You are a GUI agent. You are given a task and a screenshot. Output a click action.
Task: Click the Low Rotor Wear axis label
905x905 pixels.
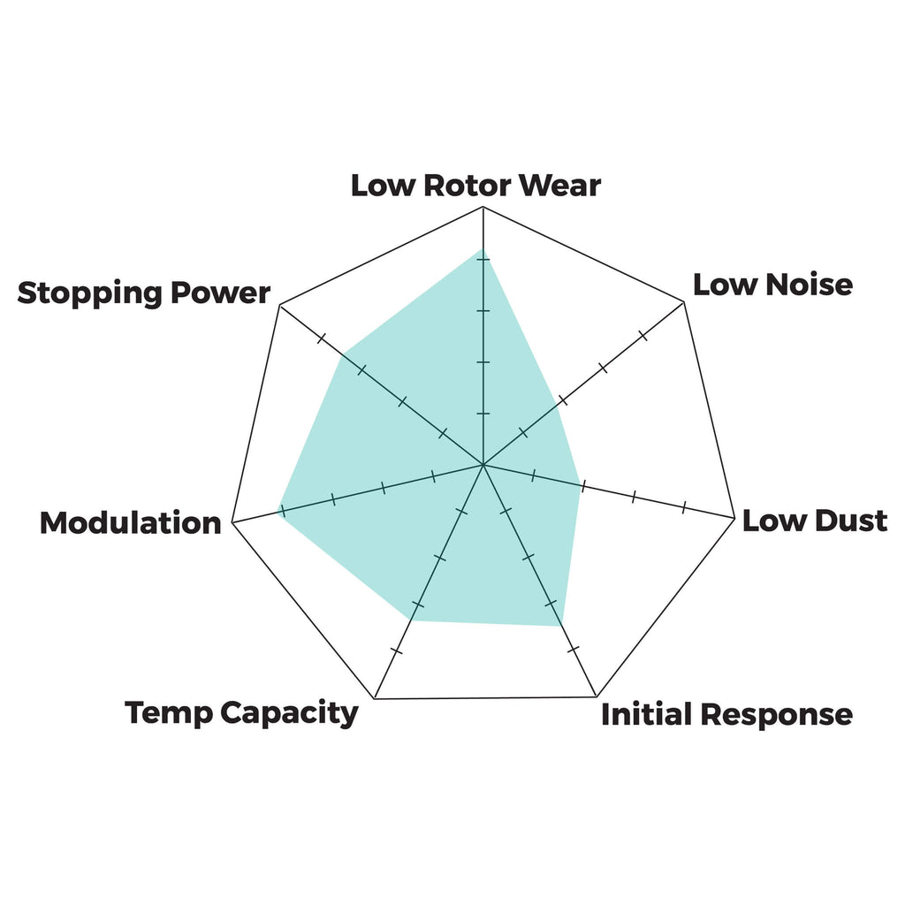click(x=475, y=186)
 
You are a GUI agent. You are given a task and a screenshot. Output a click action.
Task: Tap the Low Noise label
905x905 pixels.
click(x=772, y=285)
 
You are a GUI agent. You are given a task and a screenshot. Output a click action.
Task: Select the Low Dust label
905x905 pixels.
click(x=814, y=521)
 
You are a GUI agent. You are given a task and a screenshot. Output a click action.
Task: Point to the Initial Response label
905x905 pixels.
click(x=726, y=714)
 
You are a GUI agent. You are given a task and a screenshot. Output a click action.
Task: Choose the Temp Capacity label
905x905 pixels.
click(x=241, y=713)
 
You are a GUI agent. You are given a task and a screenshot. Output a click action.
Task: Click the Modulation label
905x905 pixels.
click(x=131, y=523)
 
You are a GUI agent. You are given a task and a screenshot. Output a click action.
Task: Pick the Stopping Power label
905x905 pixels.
click(x=144, y=293)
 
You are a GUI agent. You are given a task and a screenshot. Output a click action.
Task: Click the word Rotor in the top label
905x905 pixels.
click(x=467, y=186)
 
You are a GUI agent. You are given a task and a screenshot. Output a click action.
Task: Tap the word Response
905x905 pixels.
click(x=777, y=716)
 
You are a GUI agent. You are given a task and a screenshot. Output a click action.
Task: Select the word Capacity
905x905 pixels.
click(x=289, y=714)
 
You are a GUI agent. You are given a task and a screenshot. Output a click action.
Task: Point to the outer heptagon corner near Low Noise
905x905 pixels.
click(x=684, y=302)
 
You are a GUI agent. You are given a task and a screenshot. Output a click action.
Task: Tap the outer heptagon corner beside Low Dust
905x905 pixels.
click(x=734, y=518)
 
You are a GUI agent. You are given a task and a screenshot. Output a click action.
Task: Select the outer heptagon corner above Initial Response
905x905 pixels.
click(x=597, y=696)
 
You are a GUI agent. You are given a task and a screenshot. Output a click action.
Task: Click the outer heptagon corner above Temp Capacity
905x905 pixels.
click(x=375, y=698)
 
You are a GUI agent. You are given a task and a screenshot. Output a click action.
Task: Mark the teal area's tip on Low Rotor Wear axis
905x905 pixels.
click(x=483, y=249)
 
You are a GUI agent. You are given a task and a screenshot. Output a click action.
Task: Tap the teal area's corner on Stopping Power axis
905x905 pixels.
click(x=342, y=354)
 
